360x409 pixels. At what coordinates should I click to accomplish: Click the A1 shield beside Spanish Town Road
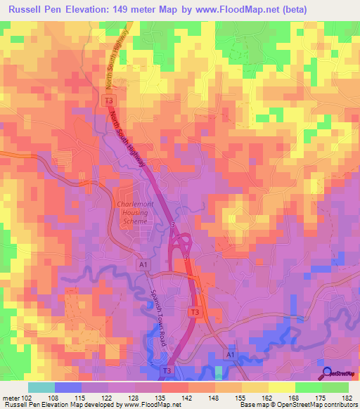[x=143, y=264]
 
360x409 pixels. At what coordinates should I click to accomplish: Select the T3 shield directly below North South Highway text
[x=110, y=102]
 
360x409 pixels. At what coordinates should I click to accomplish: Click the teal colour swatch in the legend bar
[x=41, y=387]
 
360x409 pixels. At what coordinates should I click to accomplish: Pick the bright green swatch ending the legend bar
[x=335, y=387]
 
